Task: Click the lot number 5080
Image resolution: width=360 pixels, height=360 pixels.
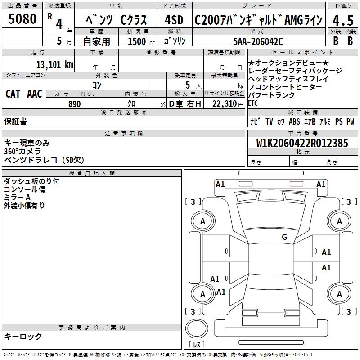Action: (x=22, y=19)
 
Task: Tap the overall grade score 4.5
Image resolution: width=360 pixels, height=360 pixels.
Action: (x=342, y=20)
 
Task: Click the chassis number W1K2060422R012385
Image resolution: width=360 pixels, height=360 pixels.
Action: (x=302, y=143)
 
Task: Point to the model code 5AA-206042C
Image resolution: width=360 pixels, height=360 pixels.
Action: (x=259, y=41)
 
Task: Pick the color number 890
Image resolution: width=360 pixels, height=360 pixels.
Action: (x=74, y=104)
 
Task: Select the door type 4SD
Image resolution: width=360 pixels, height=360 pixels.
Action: (x=175, y=20)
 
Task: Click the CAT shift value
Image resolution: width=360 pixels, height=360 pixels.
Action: (x=13, y=94)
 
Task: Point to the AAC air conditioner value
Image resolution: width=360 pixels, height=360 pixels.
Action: (x=34, y=94)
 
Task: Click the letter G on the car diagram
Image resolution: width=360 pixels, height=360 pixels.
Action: (x=284, y=237)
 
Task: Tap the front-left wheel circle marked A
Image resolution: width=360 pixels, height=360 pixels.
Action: (x=202, y=221)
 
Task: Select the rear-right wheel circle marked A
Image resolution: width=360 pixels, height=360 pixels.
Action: (x=339, y=294)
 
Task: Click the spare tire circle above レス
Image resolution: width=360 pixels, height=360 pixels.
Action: (x=197, y=329)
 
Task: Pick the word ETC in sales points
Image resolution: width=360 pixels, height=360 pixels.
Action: (x=253, y=103)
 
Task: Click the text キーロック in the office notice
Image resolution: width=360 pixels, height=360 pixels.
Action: (x=23, y=337)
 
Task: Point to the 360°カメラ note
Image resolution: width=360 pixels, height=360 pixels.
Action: (x=22, y=151)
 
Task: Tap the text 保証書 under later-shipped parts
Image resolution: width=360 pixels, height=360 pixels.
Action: (x=15, y=121)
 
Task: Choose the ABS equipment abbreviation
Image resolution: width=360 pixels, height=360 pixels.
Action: (x=294, y=121)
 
